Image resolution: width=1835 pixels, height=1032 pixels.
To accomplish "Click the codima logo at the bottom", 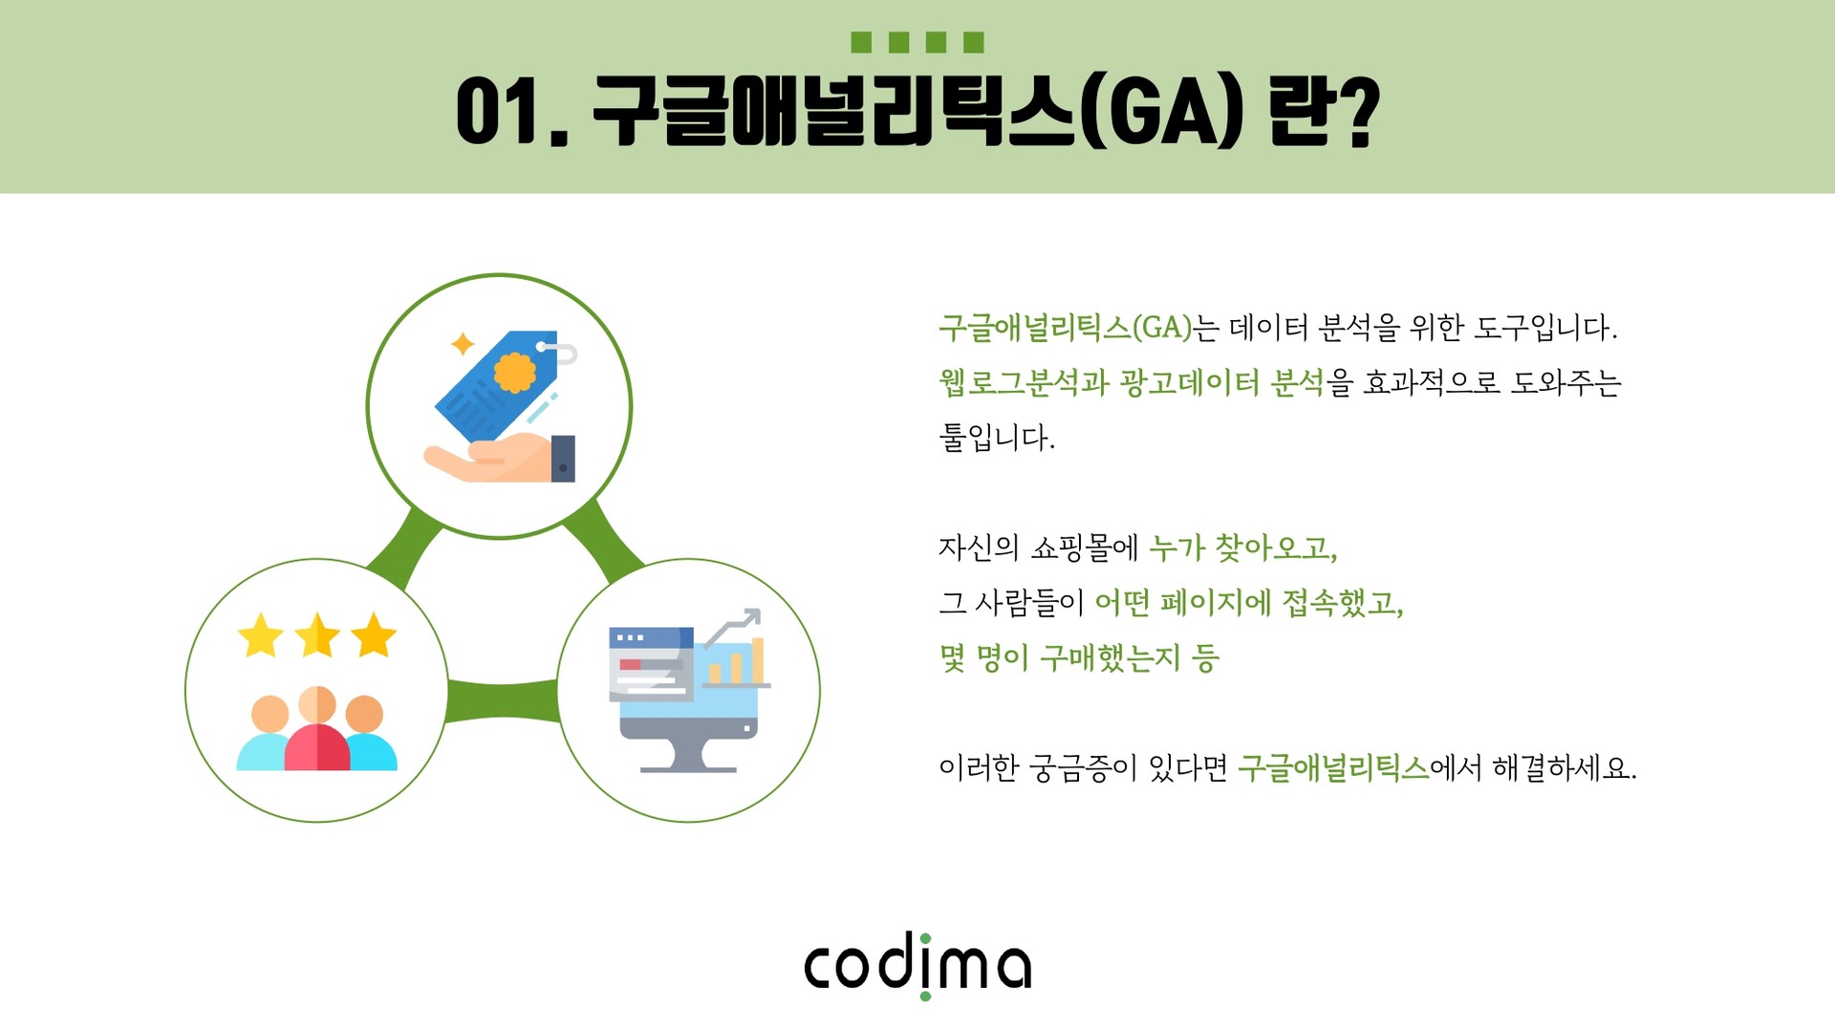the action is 917,965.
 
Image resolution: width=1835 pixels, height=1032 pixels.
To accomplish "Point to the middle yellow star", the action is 316,635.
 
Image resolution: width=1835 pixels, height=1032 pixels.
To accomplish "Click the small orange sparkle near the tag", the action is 463,344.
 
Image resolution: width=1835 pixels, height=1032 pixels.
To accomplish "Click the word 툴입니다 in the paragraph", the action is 997,438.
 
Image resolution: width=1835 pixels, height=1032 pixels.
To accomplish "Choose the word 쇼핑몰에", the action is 1086,548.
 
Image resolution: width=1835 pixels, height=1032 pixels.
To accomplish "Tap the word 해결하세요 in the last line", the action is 1565,767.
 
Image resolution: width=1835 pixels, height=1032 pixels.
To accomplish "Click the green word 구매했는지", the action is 1111,657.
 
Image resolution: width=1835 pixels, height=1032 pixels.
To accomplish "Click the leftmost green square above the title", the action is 861,42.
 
